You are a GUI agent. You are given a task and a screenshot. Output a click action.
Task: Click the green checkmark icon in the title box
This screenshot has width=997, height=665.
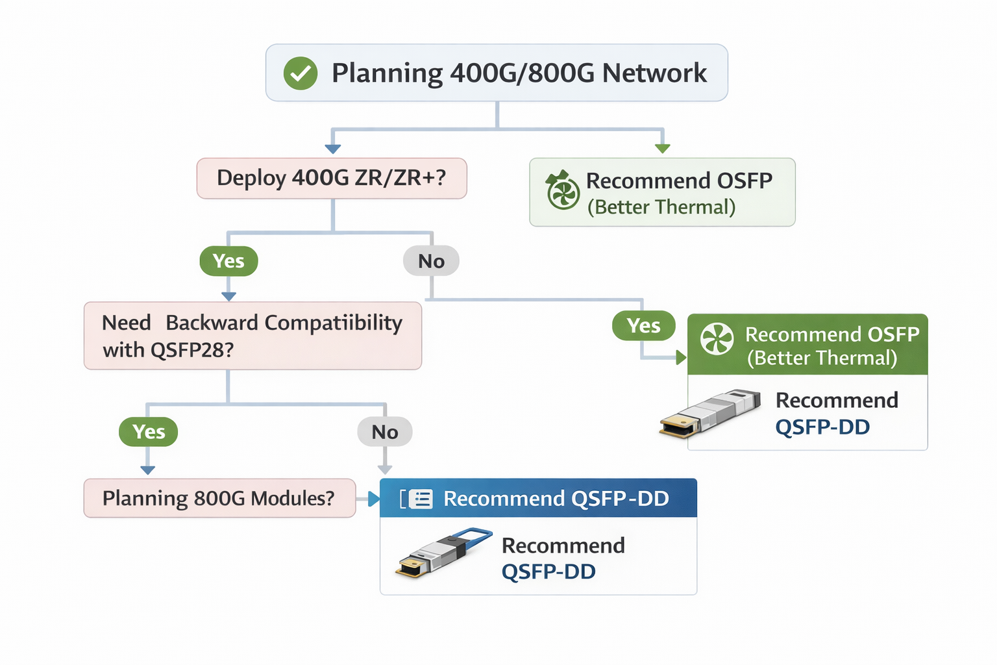[301, 73]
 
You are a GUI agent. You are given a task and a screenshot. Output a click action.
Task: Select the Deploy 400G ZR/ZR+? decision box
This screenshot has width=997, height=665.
[332, 178]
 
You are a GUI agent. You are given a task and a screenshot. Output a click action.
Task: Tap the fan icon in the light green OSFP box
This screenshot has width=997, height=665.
[562, 192]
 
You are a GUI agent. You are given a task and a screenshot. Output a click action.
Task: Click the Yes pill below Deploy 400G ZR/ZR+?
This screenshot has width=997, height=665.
[228, 261]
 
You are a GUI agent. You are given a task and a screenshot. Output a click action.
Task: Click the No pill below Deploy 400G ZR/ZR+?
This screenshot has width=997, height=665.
[431, 261]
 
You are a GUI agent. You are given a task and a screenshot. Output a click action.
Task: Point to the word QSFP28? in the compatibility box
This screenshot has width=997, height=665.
[191, 350]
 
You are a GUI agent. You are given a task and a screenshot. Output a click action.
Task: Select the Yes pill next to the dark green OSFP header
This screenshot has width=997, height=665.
[643, 325]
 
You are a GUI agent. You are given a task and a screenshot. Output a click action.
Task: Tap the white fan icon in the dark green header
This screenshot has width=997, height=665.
[717, 338]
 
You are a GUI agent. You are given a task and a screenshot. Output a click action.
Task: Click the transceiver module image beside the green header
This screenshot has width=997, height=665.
[711, 413]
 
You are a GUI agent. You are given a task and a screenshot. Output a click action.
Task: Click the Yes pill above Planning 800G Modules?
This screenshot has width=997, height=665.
[149, 432]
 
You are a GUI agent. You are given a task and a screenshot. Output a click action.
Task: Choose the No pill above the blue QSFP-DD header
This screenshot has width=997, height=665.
[385, 432]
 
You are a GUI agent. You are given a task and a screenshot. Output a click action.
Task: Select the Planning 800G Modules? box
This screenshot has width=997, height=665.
[219, 498]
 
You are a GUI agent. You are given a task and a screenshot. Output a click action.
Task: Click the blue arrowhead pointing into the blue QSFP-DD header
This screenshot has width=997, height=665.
[374, 499]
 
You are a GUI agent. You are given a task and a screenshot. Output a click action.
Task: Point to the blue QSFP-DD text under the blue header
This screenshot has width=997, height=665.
[548, 571]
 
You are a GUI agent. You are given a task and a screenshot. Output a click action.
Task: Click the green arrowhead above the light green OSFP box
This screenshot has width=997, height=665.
[662, 149]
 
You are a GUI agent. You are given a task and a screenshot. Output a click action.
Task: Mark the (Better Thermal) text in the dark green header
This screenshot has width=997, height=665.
[822, 358]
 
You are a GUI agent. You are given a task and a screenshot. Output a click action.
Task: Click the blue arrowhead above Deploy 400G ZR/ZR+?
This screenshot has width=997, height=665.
[333, 149]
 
